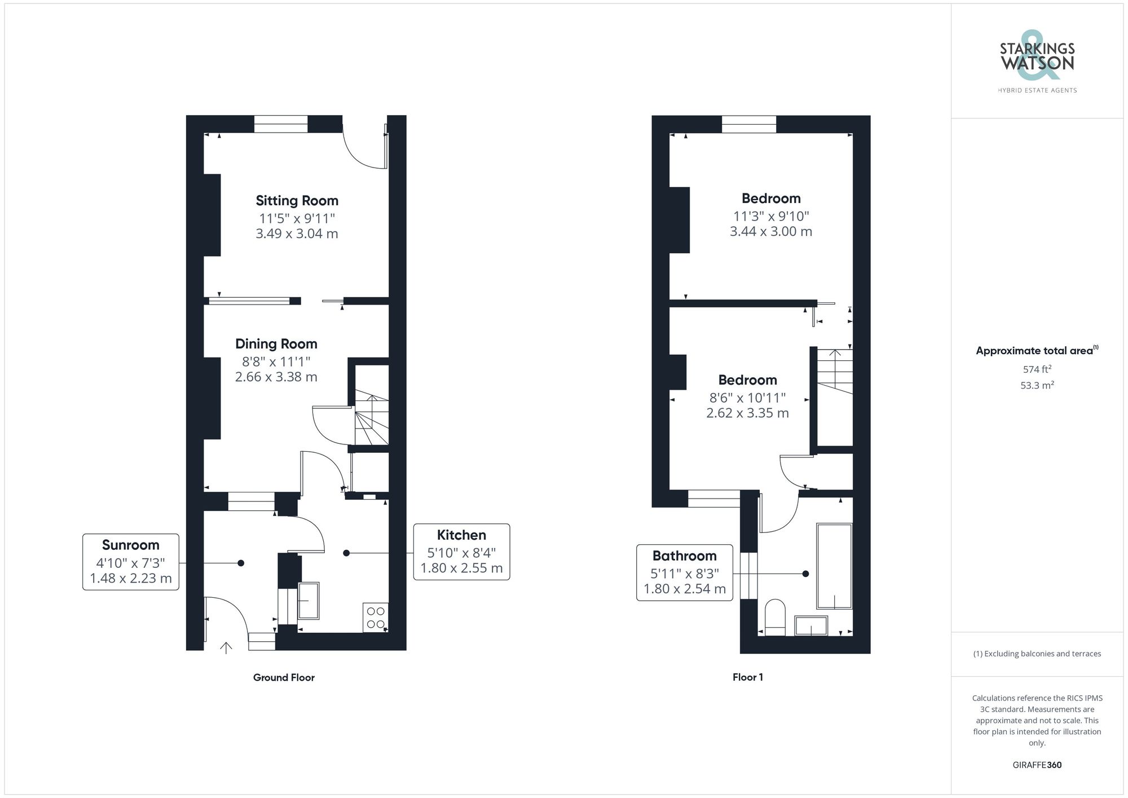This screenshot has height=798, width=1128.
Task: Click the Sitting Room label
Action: click(x=297, y=201)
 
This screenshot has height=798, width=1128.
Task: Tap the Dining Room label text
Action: click(x=276, y=344)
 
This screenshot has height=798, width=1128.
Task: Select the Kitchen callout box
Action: click(x=461, y=552)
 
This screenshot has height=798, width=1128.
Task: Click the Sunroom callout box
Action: click(x=131, y=562)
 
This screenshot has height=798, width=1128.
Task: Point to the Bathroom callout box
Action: click(x=684, y=572)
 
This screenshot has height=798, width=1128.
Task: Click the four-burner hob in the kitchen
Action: click(x=376, y=618)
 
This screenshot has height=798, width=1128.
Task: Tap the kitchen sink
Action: click(x=308, y=601)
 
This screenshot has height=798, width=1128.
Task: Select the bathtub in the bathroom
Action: click(x=834, y=566)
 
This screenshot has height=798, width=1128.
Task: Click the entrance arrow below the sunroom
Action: click(x=226, y=647)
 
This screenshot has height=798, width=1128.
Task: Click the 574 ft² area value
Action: click(x=1037, y=369)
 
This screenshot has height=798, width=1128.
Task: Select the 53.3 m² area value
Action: click(x=1037, y=386)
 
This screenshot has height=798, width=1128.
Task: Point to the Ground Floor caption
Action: click(x=284, y=677)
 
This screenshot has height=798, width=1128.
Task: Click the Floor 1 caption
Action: click(x=747, y=677)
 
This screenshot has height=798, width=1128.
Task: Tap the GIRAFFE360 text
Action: click(x=1037, y=765)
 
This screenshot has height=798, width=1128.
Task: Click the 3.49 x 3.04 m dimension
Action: click(x=297, y=234)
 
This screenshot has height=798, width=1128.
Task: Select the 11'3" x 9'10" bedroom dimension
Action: click(x=771, y=216)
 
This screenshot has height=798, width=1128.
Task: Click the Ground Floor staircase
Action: click(x=371, y=420)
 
